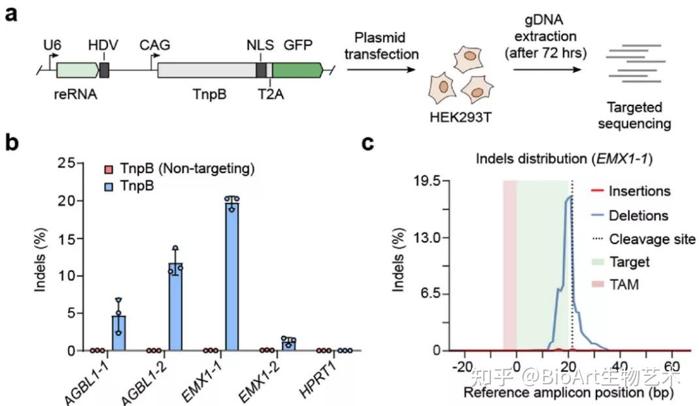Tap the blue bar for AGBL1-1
coord(119,333)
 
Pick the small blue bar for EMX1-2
coord(288,344)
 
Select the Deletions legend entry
coord(638,215)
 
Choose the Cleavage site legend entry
coord(652,239)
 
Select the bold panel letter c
coord(368,142)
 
